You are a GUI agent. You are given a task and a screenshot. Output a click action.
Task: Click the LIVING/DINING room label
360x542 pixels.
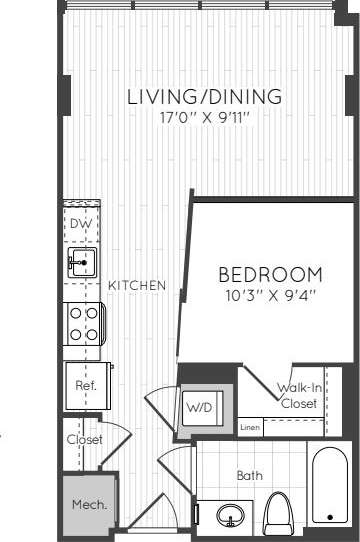tap(204, 97)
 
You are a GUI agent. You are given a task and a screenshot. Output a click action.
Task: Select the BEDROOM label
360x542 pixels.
tap(270, 274)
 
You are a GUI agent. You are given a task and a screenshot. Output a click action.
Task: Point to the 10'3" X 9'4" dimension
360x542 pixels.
tap(270, 294)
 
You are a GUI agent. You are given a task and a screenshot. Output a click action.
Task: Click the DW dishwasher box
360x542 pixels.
tap(81, 224)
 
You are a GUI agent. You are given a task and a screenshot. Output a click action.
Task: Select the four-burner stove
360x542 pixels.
tap(82, 324)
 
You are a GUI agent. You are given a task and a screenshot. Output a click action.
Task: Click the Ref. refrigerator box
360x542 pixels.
tap(81, 385)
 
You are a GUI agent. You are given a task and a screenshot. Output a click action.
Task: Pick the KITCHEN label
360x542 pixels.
tap(137, 285)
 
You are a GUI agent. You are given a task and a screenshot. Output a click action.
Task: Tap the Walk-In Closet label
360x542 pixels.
tap(298, 397)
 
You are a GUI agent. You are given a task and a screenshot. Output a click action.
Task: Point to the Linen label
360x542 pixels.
tap(251, 427)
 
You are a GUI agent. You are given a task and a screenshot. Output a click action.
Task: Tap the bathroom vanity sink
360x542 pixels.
tap(231, 516)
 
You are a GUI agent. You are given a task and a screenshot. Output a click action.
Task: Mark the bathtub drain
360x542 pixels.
tap(328, 516)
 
